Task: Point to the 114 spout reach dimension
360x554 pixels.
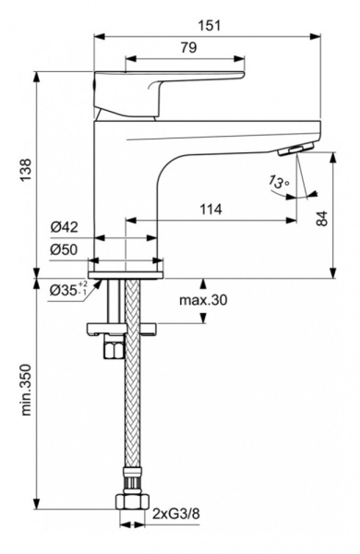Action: click(211, 210)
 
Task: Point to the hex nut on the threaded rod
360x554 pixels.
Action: click(114, 351)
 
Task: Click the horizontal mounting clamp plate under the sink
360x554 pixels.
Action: click(125, 327)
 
